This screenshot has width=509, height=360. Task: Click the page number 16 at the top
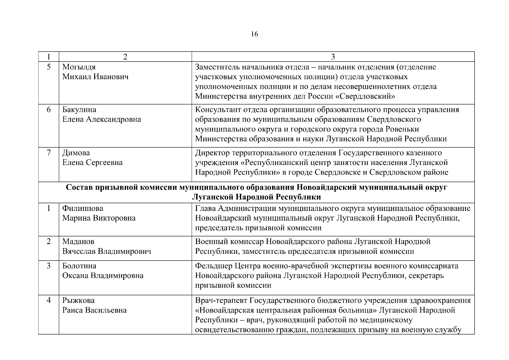254,34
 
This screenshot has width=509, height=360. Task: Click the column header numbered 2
125,57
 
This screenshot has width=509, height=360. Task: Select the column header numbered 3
333,57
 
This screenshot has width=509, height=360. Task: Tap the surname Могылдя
79,67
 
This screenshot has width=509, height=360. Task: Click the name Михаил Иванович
95,77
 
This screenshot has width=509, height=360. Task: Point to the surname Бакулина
79,109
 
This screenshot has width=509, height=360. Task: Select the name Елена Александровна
101,119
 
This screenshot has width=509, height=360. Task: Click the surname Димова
76,153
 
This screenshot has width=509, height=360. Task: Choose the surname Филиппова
82,208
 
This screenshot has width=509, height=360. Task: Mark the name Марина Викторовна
99,218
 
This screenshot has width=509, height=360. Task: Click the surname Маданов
78,241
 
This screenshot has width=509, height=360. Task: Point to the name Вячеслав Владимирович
106,251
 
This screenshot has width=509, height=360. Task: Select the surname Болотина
79,266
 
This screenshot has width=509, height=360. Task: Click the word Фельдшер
214,266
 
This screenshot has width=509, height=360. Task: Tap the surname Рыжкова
78,300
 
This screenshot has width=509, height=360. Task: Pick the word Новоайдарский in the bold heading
326,187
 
